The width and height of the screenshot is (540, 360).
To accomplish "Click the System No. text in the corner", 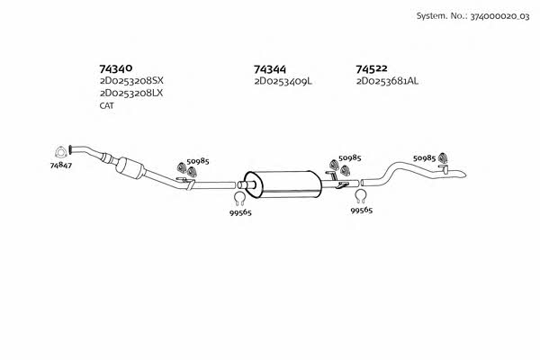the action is coord(472,16).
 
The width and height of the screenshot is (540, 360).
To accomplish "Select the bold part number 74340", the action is coord(116,69).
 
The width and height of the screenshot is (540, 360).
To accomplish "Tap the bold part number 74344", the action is coord(270,69).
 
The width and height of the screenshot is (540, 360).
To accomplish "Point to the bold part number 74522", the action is coord(372,69).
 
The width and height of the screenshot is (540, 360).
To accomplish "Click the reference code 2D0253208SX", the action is coord(131,81).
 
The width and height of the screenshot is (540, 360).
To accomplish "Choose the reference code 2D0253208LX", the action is coord(131,93).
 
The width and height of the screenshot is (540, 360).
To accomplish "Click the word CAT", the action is coord(107,106).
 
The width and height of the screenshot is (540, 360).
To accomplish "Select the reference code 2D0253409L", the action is coord(283,82).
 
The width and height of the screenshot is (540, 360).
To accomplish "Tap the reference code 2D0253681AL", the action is coord(387,81).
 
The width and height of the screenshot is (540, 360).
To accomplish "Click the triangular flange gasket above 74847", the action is coord(60,152).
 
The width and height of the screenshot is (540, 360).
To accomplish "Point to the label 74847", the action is coord(61,166).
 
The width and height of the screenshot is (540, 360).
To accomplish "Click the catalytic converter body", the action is coord(130,168).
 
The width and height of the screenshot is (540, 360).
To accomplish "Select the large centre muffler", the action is coord(283,184).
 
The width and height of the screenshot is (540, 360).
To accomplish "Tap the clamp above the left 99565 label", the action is coord(239,198).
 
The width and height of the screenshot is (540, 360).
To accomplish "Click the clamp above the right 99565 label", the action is coord(361,196).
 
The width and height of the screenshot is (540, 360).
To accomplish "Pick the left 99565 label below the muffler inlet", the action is coord(240,212).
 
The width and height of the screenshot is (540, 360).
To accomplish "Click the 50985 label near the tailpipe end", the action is coord(424,158).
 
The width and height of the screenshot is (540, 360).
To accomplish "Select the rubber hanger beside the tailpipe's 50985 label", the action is coord(443,157).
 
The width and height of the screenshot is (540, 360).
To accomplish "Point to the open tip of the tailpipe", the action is coord(465,175).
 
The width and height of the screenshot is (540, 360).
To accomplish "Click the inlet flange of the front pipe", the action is coord(70,149).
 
